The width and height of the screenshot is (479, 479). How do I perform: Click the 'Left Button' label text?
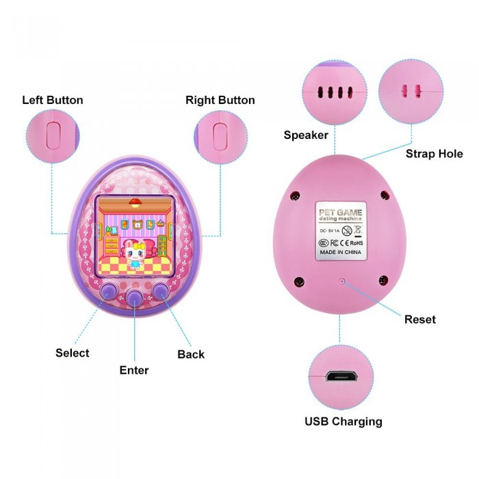click(53, 100)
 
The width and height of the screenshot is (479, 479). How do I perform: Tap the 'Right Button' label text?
click(220, 100)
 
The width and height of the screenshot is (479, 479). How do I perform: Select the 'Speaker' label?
click(306, 135)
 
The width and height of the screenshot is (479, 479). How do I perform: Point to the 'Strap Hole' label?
click(434, 153)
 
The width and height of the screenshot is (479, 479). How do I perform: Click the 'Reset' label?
click(419, 319)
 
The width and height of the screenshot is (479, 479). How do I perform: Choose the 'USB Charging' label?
click(343, 421)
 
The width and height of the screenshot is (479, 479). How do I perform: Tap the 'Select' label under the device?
click(73, 353)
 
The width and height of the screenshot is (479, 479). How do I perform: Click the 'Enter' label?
click(134, 370)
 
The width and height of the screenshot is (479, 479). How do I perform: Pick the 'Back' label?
click(191, 354)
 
